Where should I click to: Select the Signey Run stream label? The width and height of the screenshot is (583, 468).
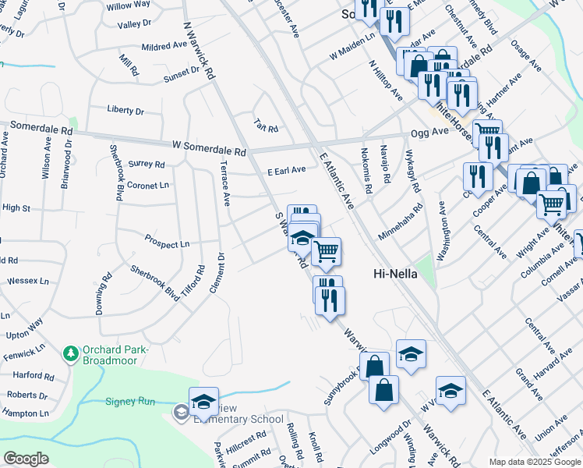point(130,402)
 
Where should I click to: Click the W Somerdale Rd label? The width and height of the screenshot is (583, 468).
point(209,147)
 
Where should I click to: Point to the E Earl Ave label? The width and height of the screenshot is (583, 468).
point(286,171)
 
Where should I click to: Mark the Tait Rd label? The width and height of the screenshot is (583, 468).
point(266,125)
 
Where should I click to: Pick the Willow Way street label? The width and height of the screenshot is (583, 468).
point(129,5)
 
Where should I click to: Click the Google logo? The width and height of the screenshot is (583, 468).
point(26,459)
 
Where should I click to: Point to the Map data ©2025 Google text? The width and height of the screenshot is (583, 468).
point(534,462)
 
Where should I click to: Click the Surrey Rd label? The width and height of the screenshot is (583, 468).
point(147,165)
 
